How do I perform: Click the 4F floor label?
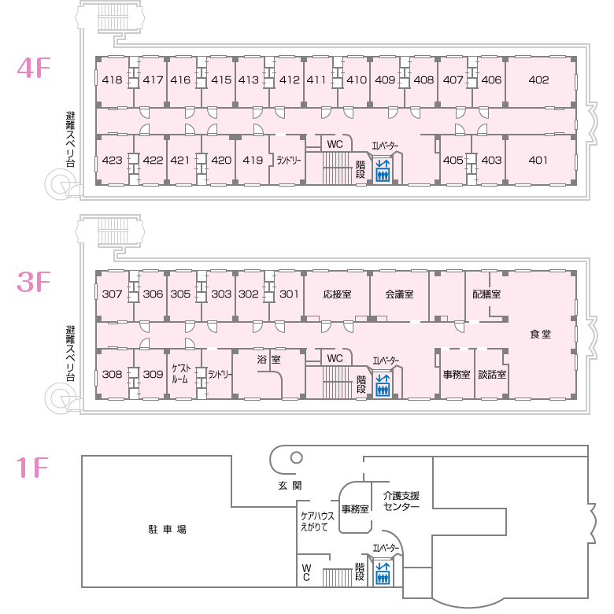click(x=33, y=68)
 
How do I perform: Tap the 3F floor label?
click(x=33, y=283)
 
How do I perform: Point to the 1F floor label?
click(x=33, y=468)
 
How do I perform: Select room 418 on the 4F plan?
click(x=112, y=80)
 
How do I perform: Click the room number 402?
click(x=538, y=80)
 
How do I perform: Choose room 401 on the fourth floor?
click(x=538, y=160)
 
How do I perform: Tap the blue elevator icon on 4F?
click(x=383, y=170)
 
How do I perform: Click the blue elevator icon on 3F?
click(x=383, y=386)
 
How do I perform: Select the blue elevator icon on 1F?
click(x=383, y=572)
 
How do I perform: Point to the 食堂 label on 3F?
click(x=540, y=334)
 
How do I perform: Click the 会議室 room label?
click(x=399, y=294)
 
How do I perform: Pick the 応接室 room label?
click(x=337, y=294)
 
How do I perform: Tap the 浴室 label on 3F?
click(x=269, y=359)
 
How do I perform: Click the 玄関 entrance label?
click(x=290, y=486)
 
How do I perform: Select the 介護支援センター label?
click(x=401, y=501)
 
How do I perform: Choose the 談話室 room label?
click(x=491, y=375)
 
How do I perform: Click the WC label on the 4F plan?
click(x=335, y=144)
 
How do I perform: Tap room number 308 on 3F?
click(x=112, y=375)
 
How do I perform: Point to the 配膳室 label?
click(x=486, y=294)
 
